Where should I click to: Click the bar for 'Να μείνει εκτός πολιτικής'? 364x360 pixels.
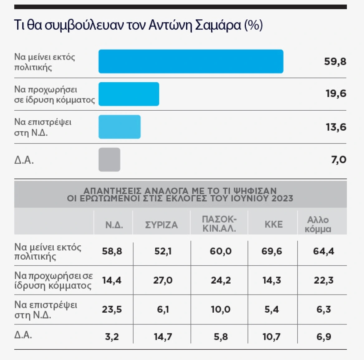(x=191, y=61)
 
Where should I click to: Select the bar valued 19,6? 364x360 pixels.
(x=129, y=94)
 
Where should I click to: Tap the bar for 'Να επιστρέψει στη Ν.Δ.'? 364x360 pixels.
(x=120, y=127)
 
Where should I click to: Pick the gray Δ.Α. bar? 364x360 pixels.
(x=109, y=160)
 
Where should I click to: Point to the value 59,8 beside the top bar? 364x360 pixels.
(x=335, y=61)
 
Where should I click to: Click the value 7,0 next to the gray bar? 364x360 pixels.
(x=338, y=160)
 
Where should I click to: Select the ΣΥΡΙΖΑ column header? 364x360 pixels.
(x=161, y=225)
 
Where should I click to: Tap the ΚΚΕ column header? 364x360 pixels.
(x=274, y=224)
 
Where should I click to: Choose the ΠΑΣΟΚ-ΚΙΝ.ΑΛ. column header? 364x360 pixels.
(x=219, y=224)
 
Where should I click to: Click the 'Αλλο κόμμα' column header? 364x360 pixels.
(x=318, y=224)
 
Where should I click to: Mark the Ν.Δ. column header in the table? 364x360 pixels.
(x=114, y=225)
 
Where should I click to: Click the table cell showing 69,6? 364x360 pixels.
(x=272, y=251)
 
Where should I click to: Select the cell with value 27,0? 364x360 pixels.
(x=163, y=280)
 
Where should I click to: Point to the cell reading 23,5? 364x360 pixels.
(x=112, y=310)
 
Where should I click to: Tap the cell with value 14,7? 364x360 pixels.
(x=163, y=337)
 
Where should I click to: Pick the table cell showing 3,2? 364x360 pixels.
(x=112, y=337)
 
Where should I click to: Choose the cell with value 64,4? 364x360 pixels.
(x=323, y=251)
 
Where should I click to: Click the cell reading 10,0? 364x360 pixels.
(x=221, y=310)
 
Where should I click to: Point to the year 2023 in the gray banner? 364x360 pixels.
(x=282, y=198)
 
